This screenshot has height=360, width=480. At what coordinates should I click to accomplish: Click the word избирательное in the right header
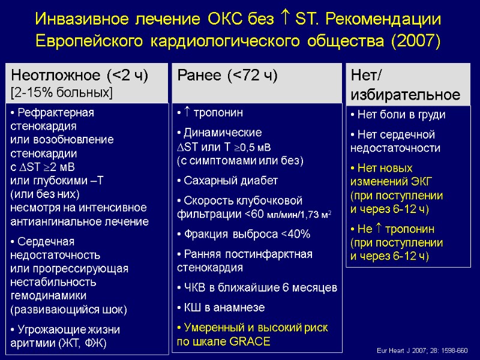(405, 95)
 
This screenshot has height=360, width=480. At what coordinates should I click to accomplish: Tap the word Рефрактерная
(56, 112)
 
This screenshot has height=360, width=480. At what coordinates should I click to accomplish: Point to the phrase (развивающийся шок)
(69, 310)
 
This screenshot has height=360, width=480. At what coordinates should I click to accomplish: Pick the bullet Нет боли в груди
(401, 115)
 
